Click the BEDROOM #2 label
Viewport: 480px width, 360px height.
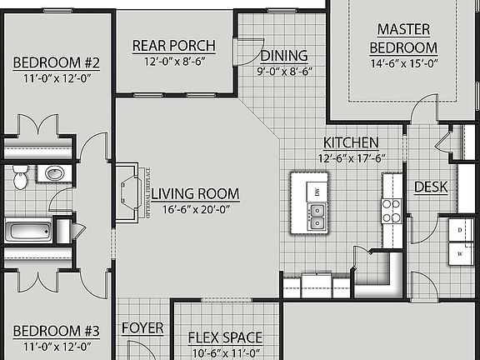click(x=56, y=63)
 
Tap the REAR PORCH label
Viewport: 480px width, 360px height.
click(x=173, y=45)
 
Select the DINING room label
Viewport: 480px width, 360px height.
click(x=283, y=56)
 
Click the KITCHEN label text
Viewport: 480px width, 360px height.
click(x=351, y=142)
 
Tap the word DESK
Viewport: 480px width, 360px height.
click(x=431, y=187)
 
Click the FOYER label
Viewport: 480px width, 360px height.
click(x=142, y=328)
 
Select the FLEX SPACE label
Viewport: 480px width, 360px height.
click(x=225, y=337)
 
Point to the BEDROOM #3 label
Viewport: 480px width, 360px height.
click(x=56, y=331)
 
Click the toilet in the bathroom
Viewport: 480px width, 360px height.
click(x=22, y=175)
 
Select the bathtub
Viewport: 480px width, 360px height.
click(x=33, y=231)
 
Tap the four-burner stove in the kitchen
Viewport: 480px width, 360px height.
click(x=392, y=212)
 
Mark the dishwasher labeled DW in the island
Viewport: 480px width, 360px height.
click(x=317, y=191)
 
